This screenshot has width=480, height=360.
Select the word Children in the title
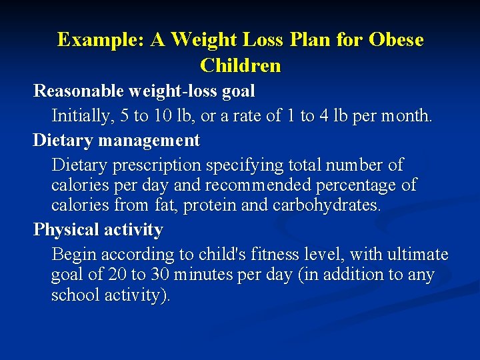pyautogui.click(x=240, y=65)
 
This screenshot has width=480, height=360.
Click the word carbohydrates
pyautogui.click(x=327, y=205)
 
